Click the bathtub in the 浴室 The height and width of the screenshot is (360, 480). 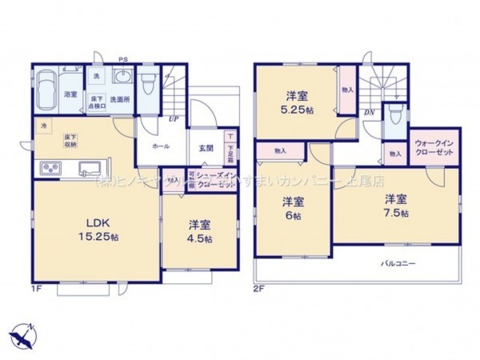[x=49, y=84]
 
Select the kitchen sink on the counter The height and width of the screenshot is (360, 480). [x=88, y=167]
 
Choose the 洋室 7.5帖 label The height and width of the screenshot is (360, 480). [x=395, y=206]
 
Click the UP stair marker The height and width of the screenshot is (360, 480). [x=172, y=120]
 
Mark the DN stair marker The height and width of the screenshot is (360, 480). [x=370, y=113]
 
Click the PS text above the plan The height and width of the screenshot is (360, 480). [x=123, y=58]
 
